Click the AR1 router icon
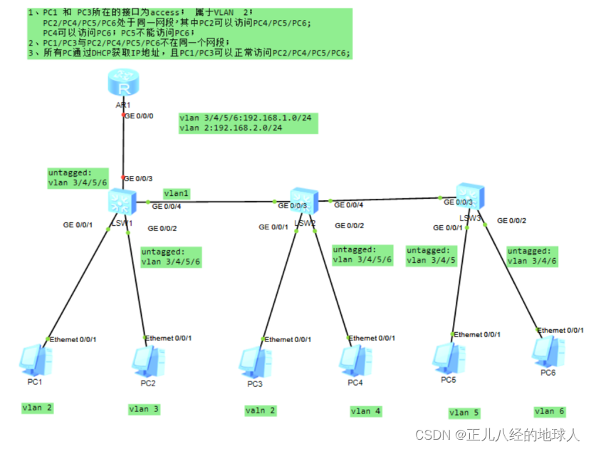[x=124, y=86]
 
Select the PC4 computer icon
[x=360, y=361]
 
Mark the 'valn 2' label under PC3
[x=260, y=411]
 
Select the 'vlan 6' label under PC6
[x=550, y=411]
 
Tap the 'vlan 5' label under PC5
[x=464, y=413]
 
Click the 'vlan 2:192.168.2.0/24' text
[x=231, y=128]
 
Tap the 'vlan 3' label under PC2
[x=144, y=409]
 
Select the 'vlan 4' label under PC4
[x=366, y=411]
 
